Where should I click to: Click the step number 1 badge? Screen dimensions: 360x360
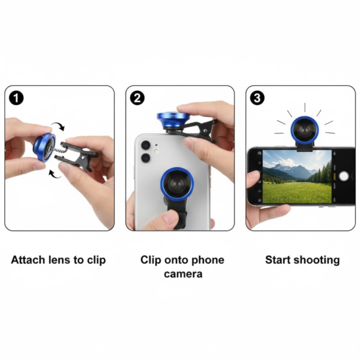click(x=16, y=97)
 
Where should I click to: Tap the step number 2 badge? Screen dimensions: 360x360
click(x=137, y=97)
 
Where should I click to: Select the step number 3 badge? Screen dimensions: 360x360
click(x=257, y=97)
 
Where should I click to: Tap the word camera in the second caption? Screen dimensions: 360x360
click(x=182, y=274)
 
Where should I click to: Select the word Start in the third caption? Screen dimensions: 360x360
click(x=280, y=260)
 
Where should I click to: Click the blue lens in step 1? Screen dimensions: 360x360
click(x=44, y=147)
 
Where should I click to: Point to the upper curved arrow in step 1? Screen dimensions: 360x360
click(x=59, y=127)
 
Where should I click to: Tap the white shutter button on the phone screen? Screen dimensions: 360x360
click(x=344, y=176)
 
